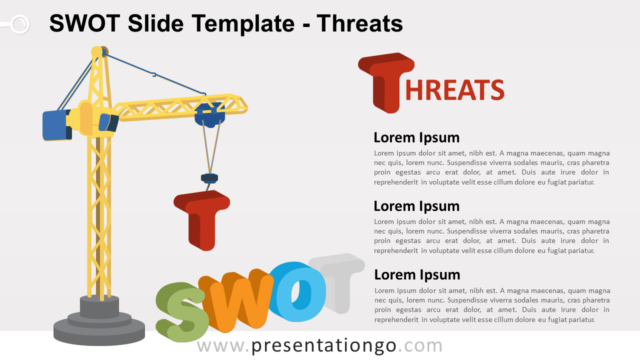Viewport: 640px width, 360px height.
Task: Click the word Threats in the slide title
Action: [359, 23]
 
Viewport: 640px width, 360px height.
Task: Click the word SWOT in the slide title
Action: [84, 23]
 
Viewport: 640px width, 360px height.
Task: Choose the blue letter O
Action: [297, 291]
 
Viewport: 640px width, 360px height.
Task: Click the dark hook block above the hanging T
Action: [209, 178]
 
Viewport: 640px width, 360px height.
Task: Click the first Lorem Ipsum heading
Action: [416, 137]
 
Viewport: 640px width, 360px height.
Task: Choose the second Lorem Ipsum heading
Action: [416, 206]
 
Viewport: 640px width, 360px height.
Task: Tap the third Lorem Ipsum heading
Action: [417, 275]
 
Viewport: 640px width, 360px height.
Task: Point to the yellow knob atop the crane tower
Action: [96, 51]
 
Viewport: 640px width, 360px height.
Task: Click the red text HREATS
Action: [455, 89]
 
